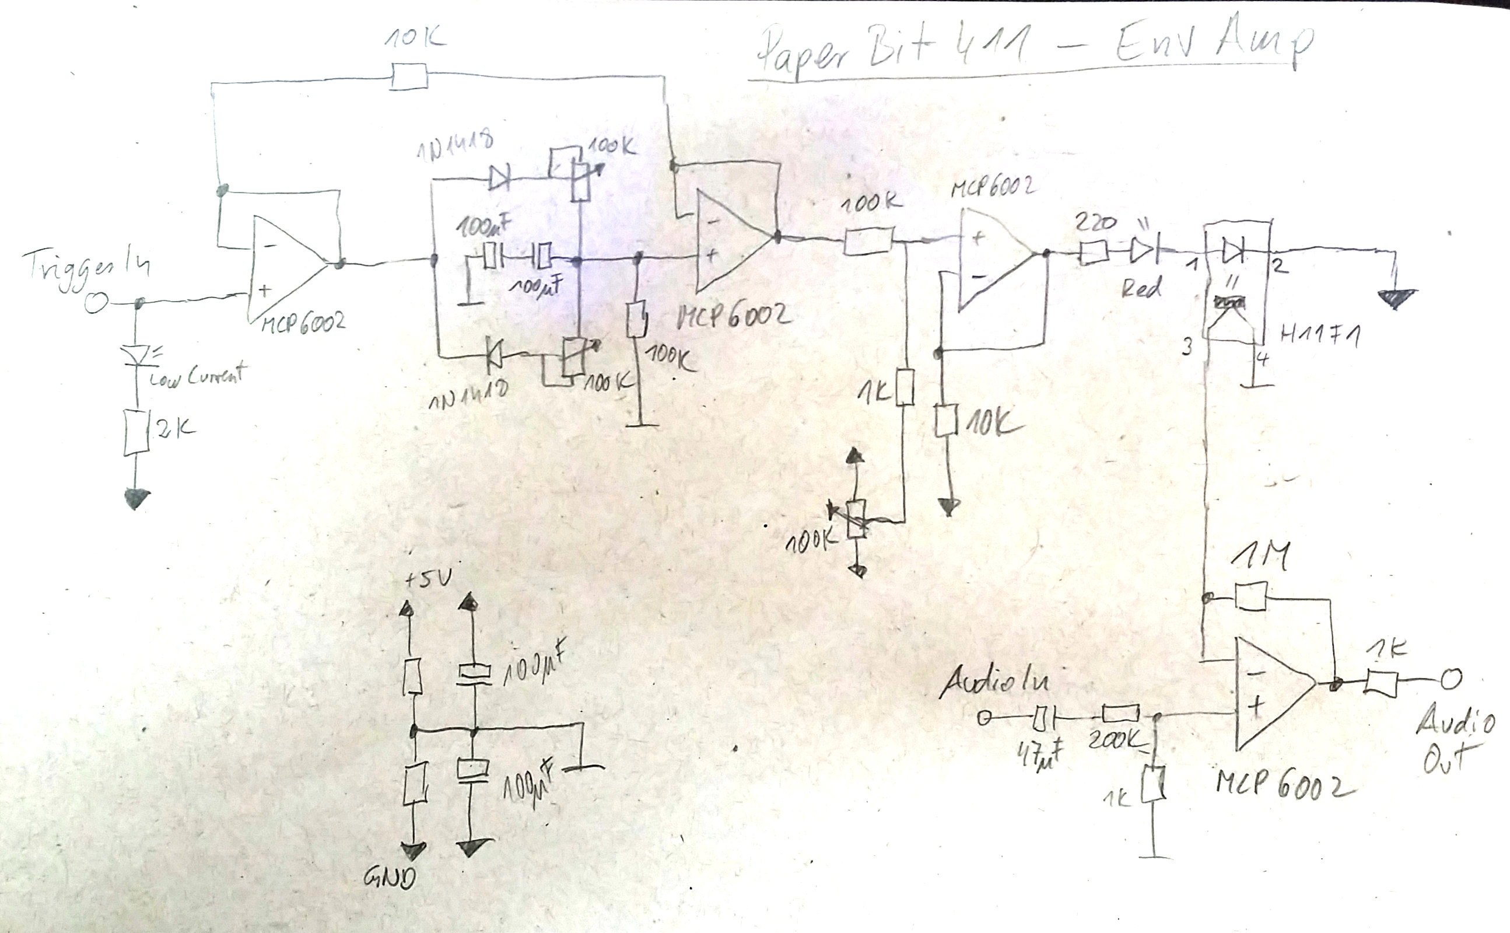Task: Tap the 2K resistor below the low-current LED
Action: coord(137,432)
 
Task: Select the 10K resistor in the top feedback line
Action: coord(409,78)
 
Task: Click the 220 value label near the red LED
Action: coord(1095,222)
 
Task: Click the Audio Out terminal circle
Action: coord(1451,680)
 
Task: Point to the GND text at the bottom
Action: coord(389,876)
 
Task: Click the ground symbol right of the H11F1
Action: coord(1396,299)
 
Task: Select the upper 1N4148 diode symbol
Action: coord(499,179)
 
